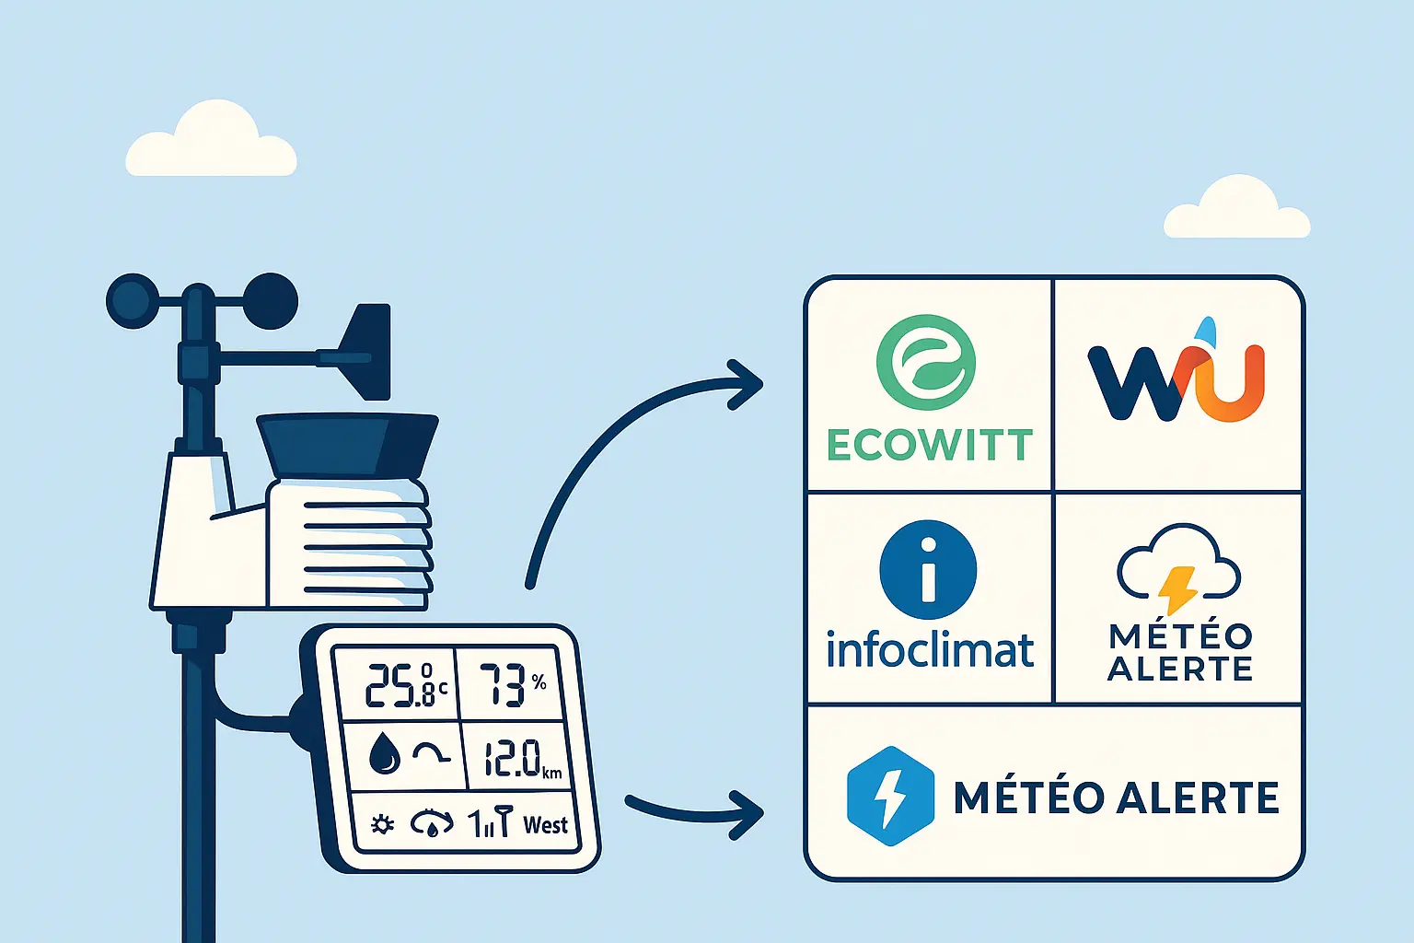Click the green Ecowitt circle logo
click(x=926, y=362)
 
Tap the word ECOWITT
click(x=929, y=446)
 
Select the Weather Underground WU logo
click(x=1176, y=379)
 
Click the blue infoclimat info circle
click(x=928, y=570)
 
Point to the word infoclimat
click(x=930, y=649)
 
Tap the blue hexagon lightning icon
click(x=889, y=797)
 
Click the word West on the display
click(x=545, y=824)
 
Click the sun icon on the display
click(x=382, y=824)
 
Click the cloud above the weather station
click(x=212, y=143)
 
